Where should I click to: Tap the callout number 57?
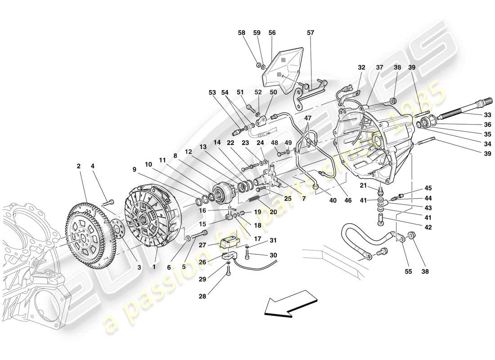310,33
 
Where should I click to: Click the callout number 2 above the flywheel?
79,166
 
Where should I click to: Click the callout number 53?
211,93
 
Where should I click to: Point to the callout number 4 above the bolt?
93,166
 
